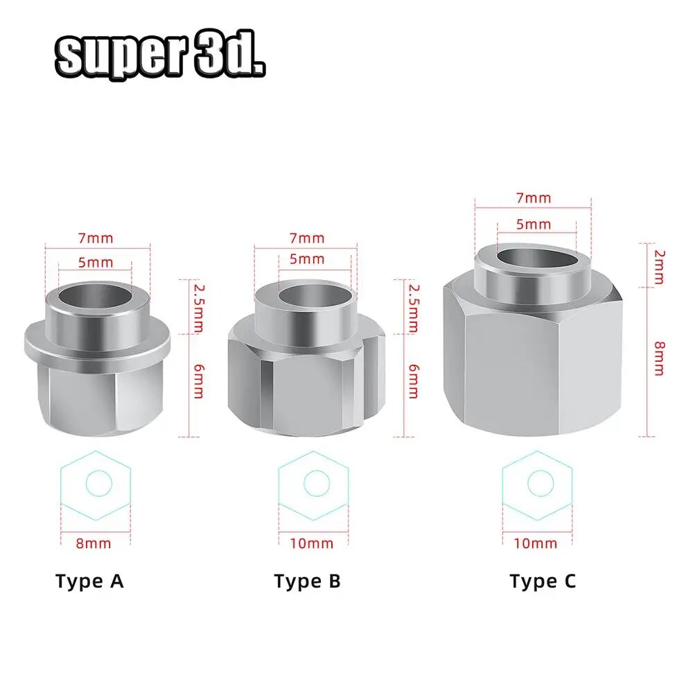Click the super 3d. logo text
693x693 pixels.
pyautogui.click(x=160, y=55)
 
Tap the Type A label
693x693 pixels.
pyautogui.click(x=89, y=581)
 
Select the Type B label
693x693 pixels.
pyautogui.click(x=307, y=581)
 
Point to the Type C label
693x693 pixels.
pyautogui.click(x=543, y=581)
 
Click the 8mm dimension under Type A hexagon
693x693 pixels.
pyautogui.click(x=93, y=543)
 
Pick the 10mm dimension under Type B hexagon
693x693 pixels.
pyautogui.click(x=311, y=543)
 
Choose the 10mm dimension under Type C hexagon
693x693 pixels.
pyautogui.click(x=536, y=543)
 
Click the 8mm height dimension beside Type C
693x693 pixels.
pyautogui.click(x=658, y=358)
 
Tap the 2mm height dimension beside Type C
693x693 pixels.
pyautogui.click(x=658, y=267)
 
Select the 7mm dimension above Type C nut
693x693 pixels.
pyautogui.click(x=534, y=198)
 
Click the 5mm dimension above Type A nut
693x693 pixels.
pyautogui.click(x=96, y=262)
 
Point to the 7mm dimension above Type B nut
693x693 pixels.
pyautogui.click(x=307, y=238)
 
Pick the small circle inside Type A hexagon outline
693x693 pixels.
pyautogui.click(x=98, y=483)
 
